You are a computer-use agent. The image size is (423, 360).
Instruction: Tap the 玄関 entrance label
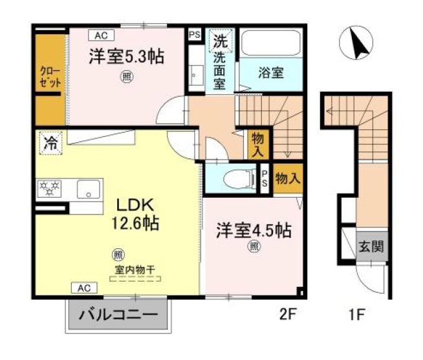click(371, 246)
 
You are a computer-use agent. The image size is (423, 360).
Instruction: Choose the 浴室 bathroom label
click(272, 72)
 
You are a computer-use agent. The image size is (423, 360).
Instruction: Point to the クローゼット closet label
click(50, 77)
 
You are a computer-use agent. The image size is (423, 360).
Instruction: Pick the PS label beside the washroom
click(194, 36)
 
